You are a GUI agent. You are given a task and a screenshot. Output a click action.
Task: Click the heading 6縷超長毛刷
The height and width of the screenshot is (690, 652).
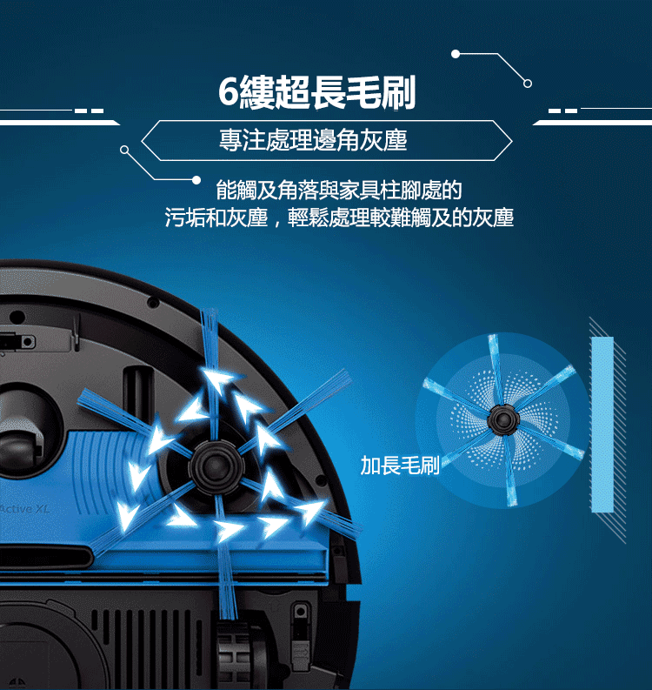(317, 93)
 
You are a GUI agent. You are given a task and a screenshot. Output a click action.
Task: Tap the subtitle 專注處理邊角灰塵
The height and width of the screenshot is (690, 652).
(313, 140)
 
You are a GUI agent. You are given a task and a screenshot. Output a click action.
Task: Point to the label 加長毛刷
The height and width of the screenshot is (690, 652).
(400, 466)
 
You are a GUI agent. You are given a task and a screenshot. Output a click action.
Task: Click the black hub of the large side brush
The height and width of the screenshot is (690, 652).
(216, 466)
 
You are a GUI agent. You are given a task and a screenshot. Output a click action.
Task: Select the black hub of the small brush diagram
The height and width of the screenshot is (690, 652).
(503, 420)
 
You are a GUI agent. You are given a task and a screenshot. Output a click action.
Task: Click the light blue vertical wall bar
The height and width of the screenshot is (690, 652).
(602, 425)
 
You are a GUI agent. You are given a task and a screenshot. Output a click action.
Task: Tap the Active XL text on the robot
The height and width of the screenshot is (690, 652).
(25, 509)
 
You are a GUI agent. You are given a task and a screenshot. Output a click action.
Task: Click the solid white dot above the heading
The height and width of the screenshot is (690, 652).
(456, 54)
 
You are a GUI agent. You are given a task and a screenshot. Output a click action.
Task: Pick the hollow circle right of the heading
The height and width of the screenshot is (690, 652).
(528, 84)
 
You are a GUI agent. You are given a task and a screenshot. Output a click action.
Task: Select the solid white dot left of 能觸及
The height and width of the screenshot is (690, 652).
(196, 180)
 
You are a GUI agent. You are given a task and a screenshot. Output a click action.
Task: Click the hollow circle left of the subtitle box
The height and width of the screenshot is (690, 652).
(124, 150)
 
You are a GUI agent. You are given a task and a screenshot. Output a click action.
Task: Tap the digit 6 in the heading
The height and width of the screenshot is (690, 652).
(229, 92)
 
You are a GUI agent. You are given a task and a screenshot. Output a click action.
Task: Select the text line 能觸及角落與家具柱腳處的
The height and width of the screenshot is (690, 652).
(338, 191)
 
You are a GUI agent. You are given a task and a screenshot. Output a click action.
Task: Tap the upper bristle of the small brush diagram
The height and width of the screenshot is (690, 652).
(496, 370)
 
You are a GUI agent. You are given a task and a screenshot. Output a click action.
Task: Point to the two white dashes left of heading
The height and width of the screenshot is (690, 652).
(90, 111)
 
